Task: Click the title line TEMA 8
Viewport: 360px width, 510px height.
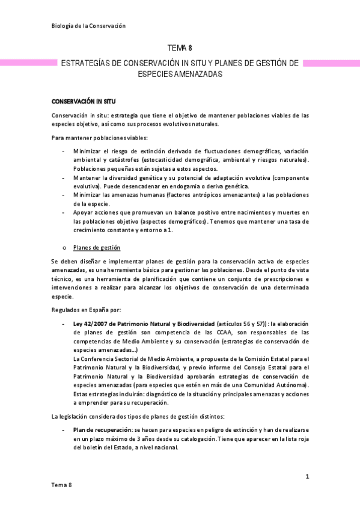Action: pos(180,48)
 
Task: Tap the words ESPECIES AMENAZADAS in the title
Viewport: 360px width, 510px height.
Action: pos(180,74)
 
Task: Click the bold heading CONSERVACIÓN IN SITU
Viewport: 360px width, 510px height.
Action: pos(84,102)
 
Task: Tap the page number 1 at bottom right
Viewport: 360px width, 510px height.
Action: pos(307,477)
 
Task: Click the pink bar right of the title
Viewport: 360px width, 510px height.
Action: pos(331,63)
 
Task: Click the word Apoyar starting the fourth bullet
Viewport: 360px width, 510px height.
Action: pos(85,214)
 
